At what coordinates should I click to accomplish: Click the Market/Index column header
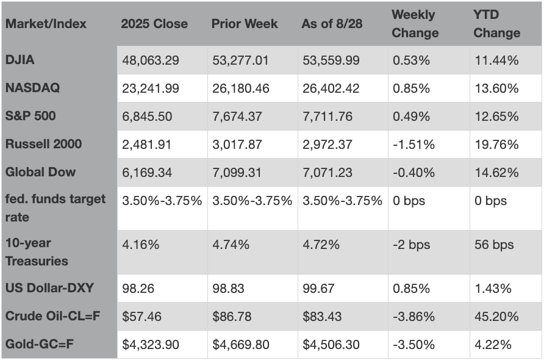46,24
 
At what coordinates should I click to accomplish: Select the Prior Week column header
245,24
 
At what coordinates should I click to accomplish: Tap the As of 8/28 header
332,24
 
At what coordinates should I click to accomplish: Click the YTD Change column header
497,24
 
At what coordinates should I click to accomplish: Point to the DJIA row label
20,60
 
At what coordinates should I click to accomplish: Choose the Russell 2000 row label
43,144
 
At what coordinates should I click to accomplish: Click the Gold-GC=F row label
39,344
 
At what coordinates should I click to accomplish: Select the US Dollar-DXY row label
49,288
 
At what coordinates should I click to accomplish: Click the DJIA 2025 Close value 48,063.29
151,60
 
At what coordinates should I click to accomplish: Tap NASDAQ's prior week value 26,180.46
241,88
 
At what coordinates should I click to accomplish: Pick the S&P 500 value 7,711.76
327,117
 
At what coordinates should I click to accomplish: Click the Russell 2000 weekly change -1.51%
413,145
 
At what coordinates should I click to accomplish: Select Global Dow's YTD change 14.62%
496,173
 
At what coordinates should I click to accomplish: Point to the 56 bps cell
494,245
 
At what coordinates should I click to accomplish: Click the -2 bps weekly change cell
412,245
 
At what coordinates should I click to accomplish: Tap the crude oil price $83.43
322,317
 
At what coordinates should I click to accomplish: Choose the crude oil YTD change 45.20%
496,317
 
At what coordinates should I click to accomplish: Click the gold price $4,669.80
241,345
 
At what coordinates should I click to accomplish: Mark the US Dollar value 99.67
318,289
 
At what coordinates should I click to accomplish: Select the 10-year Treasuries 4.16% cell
140,245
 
